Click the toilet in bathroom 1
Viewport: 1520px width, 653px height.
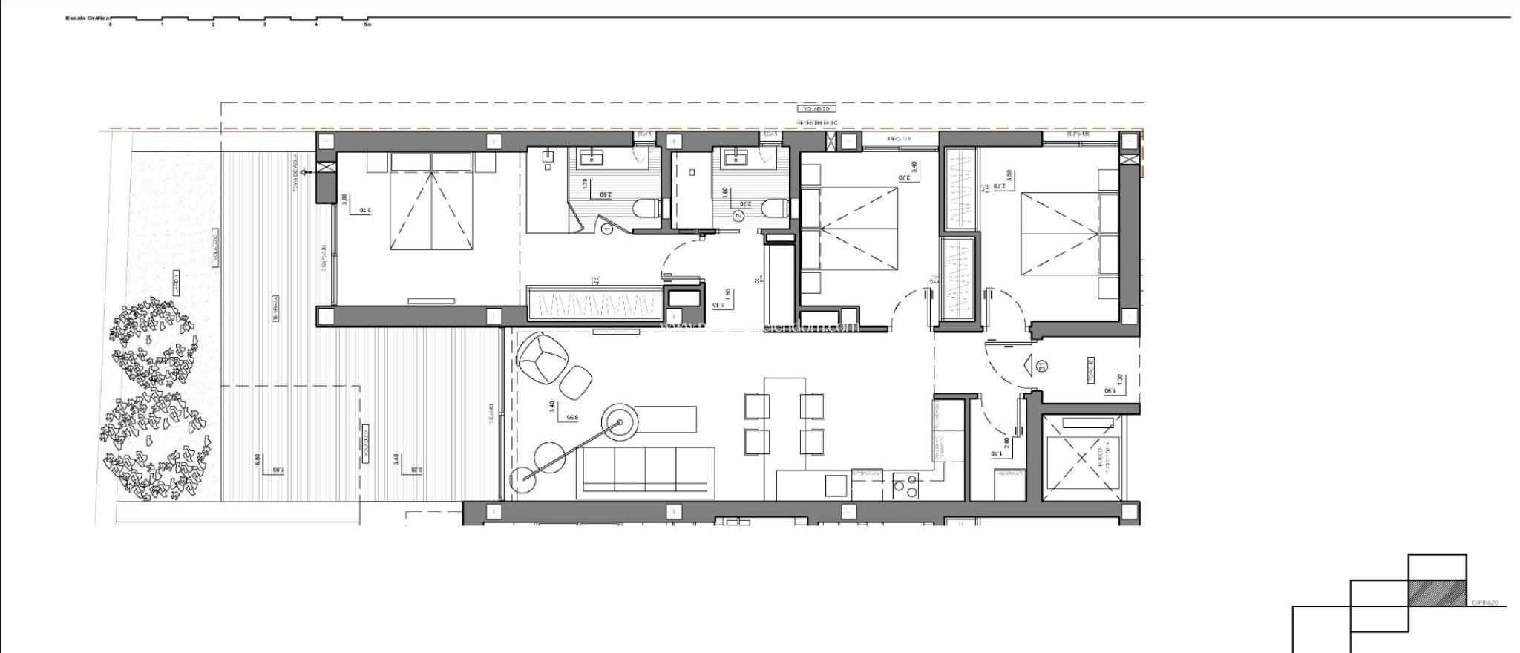648,209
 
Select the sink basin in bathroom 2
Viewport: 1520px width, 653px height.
738,157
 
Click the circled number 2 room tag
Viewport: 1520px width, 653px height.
738,216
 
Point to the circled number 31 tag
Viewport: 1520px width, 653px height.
1042,366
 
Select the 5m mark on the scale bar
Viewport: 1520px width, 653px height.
367,24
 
